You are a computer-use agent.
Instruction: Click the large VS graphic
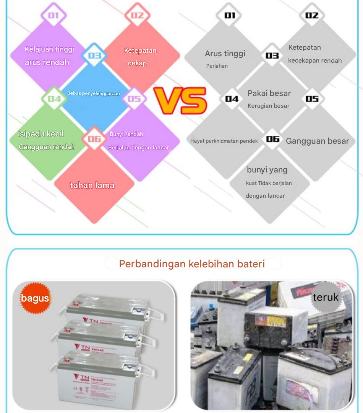point(181,101)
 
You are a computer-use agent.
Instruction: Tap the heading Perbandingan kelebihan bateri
point(192,264)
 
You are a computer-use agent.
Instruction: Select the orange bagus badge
point(35,298)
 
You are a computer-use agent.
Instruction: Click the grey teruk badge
point(325,297)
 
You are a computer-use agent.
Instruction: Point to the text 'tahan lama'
point(92,185)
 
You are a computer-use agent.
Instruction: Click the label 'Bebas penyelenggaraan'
point(94,93)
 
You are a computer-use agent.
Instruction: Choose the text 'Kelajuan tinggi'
point(49,49)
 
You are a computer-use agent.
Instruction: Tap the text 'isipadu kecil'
point(41,134)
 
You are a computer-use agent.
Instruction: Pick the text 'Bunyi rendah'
point(126,134)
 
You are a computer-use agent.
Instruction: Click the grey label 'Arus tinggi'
point(225,54)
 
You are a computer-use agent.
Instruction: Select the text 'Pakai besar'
point(269,93)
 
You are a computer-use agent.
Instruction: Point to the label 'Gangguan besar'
point(318,141)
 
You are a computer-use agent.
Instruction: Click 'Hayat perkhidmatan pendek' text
point(224,141)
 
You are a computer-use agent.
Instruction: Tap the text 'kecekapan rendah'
point(315,61)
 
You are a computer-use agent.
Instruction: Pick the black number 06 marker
point(273,139)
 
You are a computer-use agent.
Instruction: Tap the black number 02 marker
point(312,15)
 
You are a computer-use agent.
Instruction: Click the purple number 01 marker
point(54,15)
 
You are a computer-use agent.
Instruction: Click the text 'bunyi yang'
point(267,170)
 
